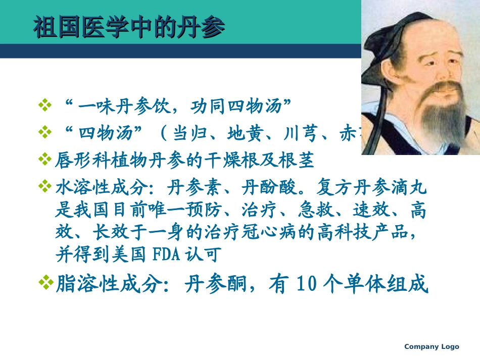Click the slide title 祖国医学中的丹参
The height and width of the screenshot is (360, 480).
[x=129, y=28]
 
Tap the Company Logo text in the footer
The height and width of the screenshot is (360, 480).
[x=431, y=346]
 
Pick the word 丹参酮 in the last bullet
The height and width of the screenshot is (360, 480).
[x=209, y=285]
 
